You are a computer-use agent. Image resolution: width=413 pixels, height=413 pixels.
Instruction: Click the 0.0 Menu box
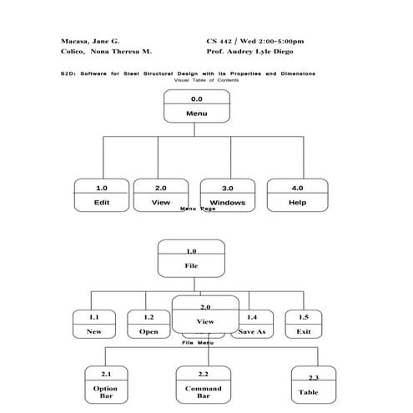pyautogui.click(x=197, y=106)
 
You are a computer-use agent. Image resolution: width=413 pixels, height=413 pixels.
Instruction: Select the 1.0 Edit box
pyautogui.click(x=102, y=195)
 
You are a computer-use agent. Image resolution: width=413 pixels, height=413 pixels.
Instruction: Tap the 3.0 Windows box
pyautogui.click(x=227, y=195)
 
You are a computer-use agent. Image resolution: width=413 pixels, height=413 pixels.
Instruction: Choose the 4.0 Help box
pyautogui.click(x=297, y=195)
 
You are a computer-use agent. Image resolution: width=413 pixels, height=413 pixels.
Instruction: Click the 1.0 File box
pyautogui.click(x=192, y=258)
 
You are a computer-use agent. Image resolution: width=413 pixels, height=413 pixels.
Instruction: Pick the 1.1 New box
pyautogui.click(x=94, y=324)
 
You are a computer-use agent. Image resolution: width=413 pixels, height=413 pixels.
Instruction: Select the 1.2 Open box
pyautogui.click(x=149, y=324)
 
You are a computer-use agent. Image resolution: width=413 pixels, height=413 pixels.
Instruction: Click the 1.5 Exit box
pyautogui.click(x=304, y=324)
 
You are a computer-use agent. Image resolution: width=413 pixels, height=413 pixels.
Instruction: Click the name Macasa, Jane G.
pyautogui.click(x=90, y=40)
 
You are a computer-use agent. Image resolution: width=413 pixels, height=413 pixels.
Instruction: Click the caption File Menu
pyautogui.click(x=198, y=342)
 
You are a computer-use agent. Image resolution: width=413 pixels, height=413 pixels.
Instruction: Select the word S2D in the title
pyautogui.click(x=68, y=73)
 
